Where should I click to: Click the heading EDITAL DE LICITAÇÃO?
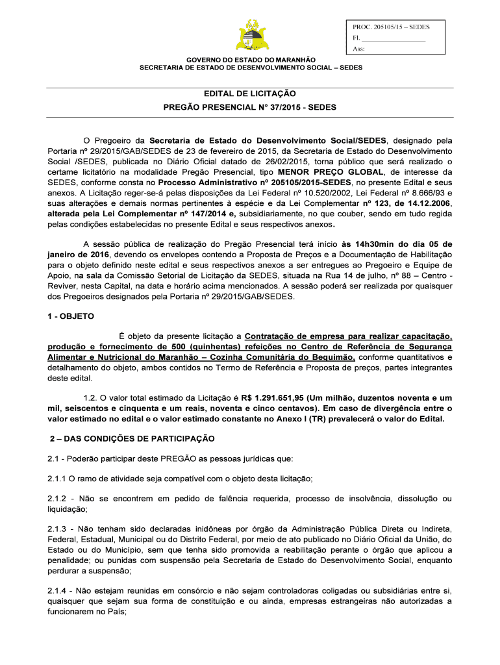click(250, 95)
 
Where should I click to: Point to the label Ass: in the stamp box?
click(358, 49)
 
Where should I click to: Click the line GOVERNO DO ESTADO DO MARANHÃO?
click(250, 60)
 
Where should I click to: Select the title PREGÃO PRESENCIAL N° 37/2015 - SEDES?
click(250, 107)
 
